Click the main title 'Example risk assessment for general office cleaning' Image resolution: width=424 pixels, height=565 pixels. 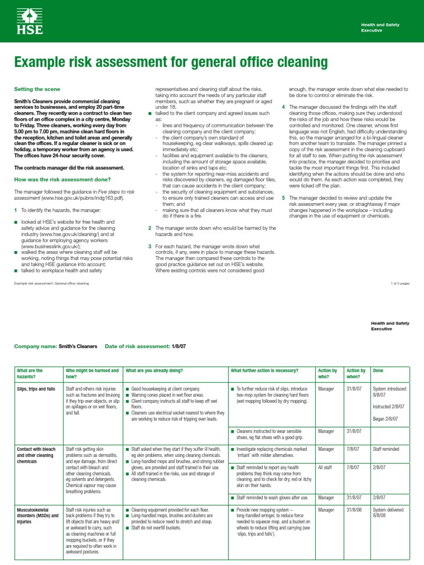[x=171, y=62]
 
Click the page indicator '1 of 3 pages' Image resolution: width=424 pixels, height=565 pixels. [x=397, y=283]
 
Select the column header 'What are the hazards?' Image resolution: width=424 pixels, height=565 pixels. [x=31, y=374]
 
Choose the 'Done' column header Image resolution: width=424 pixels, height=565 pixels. [x=379, y=370]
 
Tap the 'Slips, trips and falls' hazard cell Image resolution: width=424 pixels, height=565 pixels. [x=36, y=389]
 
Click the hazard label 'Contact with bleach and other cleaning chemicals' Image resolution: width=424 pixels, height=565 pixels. [x=35, y=456]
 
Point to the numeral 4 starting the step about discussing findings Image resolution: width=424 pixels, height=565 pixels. [x=284, y=106]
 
